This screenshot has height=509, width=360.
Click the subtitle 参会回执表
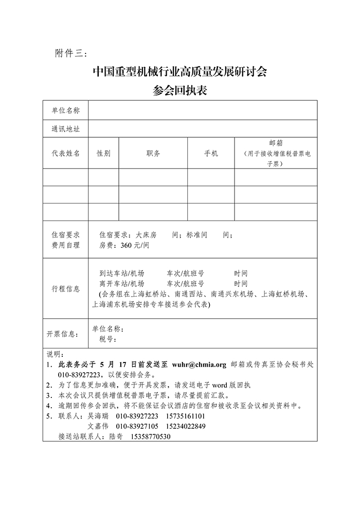coord(179,90)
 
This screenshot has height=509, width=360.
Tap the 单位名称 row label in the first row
coord(65,110)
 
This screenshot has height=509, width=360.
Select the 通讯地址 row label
coord(65,129)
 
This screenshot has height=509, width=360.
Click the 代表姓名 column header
coord(65,153)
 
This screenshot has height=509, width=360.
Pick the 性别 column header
coord(103,153)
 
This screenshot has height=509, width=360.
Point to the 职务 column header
coord(153,153)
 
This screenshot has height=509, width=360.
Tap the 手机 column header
coord(211,153)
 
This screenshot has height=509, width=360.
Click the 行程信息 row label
coord(65,288)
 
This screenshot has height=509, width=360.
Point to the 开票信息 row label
coord(62,334)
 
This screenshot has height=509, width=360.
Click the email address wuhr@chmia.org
coord(199,365)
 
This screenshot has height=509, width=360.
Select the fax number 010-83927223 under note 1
coord(79,375)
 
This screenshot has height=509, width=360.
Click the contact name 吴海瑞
coord(99,416)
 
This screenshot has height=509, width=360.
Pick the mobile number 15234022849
coord(186,426)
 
